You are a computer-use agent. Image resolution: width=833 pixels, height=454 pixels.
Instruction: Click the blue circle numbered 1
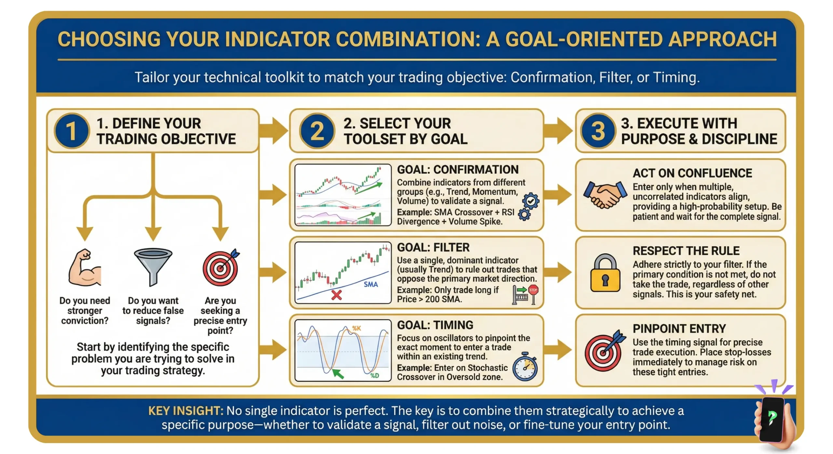click(72, 131)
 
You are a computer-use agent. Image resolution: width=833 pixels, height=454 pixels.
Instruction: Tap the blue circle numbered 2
click(317, 131)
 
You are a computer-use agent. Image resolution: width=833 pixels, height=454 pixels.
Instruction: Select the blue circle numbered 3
click(598, 131)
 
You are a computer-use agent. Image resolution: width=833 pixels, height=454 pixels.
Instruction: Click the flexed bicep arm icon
click(85, 268)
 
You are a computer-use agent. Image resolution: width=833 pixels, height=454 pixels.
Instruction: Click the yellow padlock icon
click(605, 273)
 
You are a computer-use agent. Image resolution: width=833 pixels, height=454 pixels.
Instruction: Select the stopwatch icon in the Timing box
click(525, 367)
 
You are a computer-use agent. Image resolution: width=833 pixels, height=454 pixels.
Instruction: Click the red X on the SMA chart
click(336, 295)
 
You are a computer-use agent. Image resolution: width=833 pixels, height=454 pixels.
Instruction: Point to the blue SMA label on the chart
click(371, 285)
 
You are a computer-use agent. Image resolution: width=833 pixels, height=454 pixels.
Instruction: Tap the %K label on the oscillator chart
click(357, 328)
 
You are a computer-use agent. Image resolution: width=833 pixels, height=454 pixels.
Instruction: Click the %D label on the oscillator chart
click(375, 376)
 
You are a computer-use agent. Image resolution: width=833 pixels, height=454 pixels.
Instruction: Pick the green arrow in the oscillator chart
click(338, 374)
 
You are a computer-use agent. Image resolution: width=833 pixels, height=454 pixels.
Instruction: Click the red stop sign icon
click(533, 290)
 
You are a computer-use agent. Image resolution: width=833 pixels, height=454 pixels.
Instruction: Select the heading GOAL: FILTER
click(433, 247)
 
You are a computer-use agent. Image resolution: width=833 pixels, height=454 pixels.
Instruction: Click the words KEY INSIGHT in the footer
click(185, 411)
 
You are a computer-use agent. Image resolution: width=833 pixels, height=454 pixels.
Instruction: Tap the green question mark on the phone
click(772, 417)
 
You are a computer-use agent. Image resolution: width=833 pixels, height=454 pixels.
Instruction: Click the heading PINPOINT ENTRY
click(679, 329)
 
